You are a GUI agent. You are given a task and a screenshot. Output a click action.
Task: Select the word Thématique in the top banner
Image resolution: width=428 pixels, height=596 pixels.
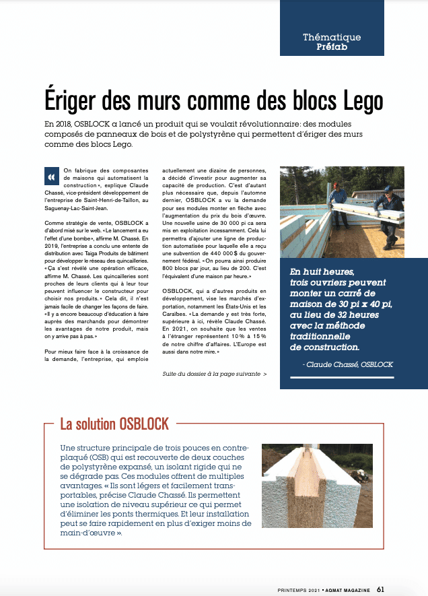click(332, 38)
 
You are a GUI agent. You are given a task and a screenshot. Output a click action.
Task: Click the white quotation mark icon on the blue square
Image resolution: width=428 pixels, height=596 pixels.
click(50, 176)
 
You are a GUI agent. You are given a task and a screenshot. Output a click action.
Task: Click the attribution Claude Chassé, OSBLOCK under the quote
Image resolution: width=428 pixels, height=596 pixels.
click(349, 364)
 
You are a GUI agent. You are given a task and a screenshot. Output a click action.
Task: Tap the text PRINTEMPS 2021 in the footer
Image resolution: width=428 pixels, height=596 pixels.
click(297, 588)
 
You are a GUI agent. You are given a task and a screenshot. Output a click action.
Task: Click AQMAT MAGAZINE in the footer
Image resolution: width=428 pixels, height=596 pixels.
click(347, 588)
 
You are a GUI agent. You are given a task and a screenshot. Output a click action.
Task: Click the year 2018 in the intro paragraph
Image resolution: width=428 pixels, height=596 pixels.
click(67, 125)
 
